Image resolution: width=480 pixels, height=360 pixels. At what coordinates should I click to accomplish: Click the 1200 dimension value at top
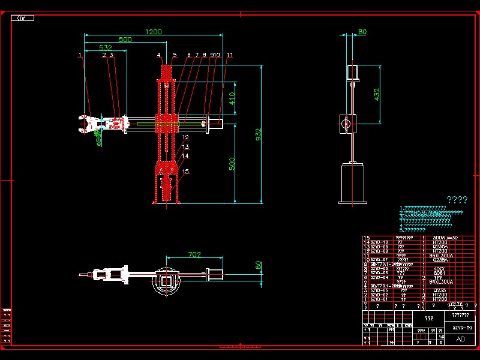click(x=154, y=32)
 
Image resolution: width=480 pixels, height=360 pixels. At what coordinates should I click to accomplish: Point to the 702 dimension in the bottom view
click(x=194, y=254)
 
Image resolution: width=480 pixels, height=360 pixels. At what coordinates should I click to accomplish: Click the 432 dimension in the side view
click(x=377, y=94)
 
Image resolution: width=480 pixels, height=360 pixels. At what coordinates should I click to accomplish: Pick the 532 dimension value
click(x=106, y=47)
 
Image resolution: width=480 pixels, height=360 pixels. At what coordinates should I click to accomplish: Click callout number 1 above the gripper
click(x=80, y=55)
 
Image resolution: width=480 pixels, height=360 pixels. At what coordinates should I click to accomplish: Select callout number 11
click(x=230, y=55)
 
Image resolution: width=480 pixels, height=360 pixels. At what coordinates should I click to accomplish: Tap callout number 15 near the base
click(x=185, y=171)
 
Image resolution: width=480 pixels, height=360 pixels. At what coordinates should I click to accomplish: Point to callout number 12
click(x=185, y=138)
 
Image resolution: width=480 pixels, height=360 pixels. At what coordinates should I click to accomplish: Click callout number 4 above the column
click(x=159, y=55)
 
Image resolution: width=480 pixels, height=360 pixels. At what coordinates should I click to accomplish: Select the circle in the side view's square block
click(x=345, y=123)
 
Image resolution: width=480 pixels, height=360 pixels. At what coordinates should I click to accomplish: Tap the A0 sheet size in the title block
click(x=461, y=339)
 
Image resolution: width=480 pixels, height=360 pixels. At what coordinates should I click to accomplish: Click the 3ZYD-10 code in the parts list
click(x=379, y=242)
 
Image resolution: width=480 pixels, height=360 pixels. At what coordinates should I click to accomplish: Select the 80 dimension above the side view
click(x=362, y=32)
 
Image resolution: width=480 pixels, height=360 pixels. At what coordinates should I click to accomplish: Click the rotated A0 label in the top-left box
click(x=22, y=18)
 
